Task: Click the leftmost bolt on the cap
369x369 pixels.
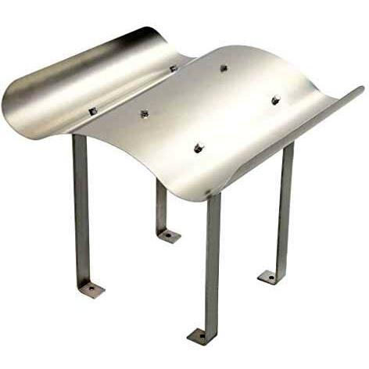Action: pos(93,112)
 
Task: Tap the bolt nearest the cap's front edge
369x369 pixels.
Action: pos(199,147)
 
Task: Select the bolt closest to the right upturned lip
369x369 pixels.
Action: pos(275,100)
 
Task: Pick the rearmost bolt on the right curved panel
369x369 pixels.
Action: pos(224,68)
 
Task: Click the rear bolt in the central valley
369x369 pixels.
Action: pos(173,69)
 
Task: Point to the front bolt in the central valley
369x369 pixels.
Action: pos(145,114)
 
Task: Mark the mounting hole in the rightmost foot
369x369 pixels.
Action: pos(268,276)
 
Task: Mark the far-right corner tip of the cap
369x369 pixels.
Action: pos(360,89)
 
